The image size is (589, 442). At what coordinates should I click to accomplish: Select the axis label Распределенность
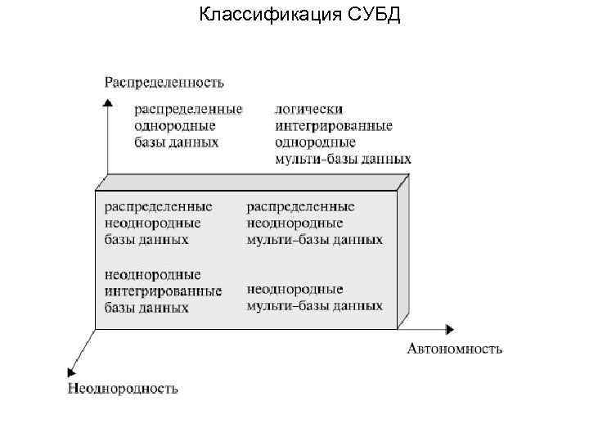click(x=164, y=82)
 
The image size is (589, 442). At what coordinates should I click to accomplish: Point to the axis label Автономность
click(x=455, y=350)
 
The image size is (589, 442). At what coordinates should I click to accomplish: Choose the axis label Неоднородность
click(x=123, y=389)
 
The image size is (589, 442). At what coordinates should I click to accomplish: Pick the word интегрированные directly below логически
click(x=334, y=125)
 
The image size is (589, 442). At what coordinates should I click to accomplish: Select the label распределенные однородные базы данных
click(x=187, y=125)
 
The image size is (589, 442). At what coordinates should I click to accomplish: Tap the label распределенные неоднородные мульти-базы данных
click(x=314, y=223)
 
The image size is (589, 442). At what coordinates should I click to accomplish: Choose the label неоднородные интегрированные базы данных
click(x=163, y=291)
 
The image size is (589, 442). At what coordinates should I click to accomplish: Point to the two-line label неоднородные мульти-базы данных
click(x=314, y=297)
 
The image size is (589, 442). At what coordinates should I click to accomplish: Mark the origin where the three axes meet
click(x=97, y=328)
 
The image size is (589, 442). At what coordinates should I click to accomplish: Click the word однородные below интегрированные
click(x=314, y=142)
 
